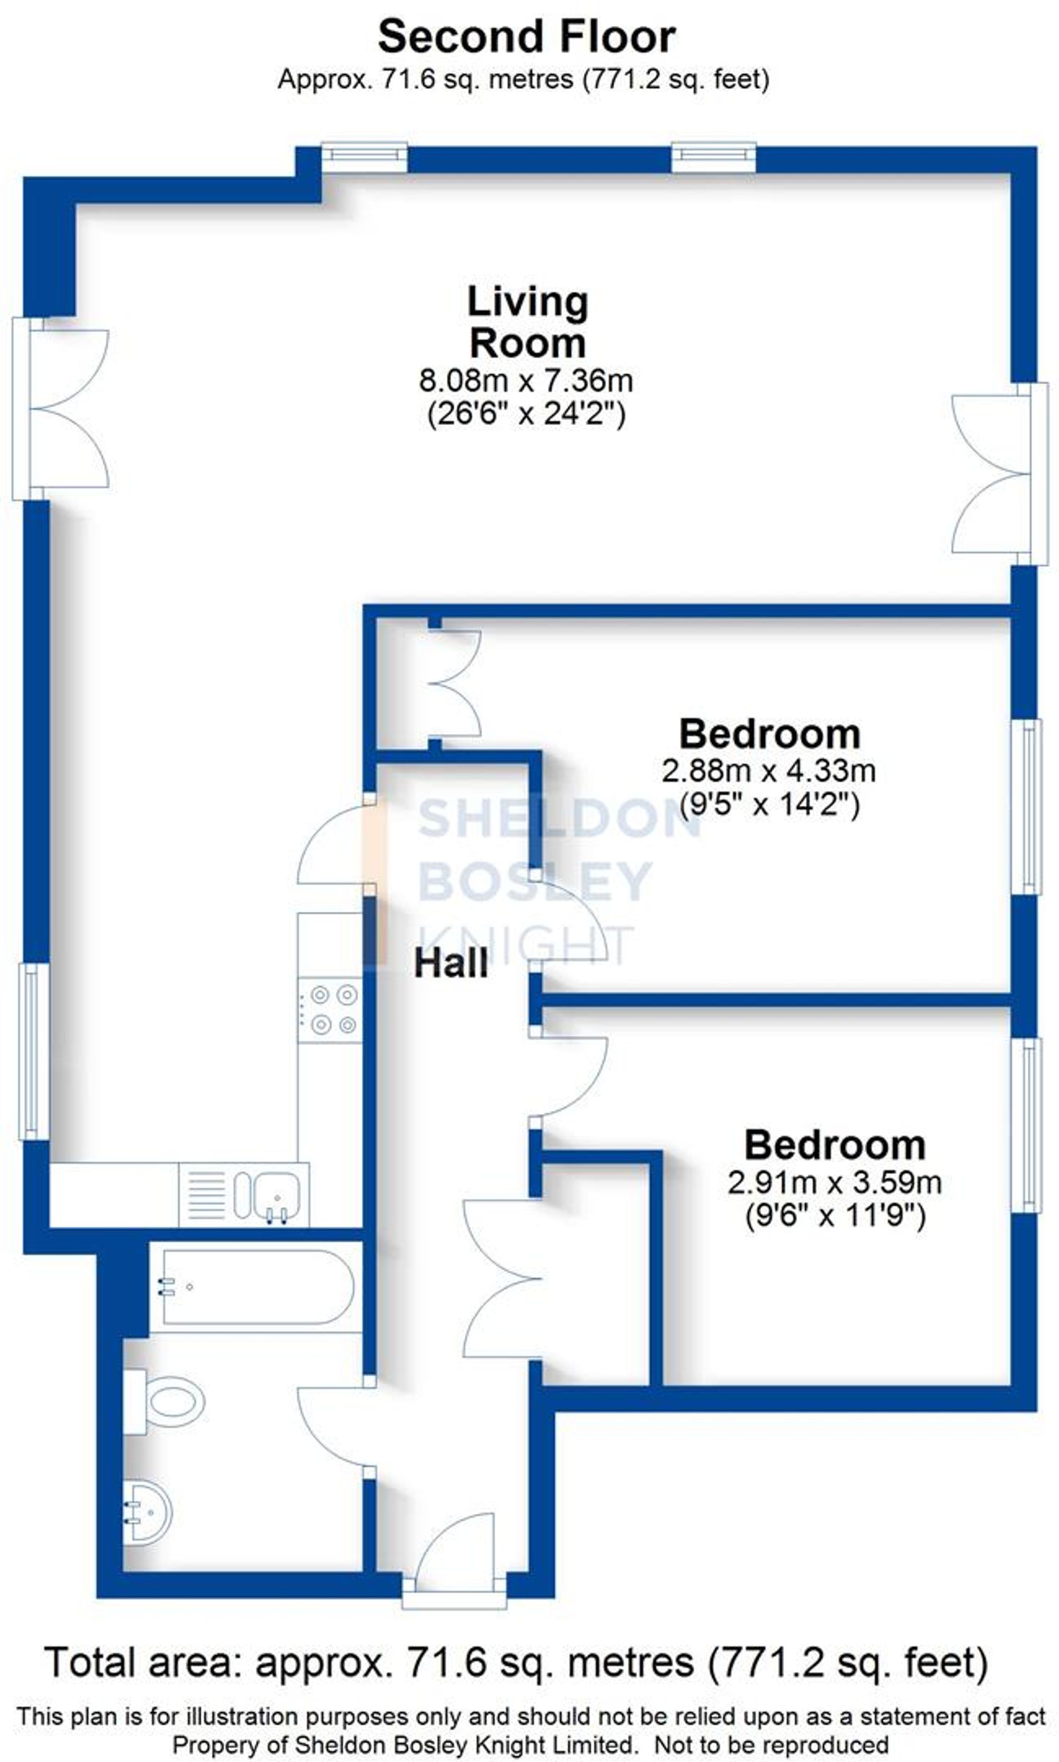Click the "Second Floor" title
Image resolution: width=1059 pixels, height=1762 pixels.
tap(527, 37)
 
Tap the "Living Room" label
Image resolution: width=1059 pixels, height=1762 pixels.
tap(527, 322)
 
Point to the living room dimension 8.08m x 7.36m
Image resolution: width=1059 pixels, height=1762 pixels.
tap(526, 381)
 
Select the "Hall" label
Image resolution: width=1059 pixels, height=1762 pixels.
tap(451, 964)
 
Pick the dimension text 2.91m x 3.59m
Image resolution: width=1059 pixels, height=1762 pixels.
tap(834, 1183)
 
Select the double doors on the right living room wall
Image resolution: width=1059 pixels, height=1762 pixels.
tap(995, 474)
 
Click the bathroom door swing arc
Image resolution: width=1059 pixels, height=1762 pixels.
tap(333, 1423)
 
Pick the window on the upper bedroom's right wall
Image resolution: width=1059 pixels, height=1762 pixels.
tap(1028, 807)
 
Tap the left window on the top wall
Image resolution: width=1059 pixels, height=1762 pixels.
tap(364, 156)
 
